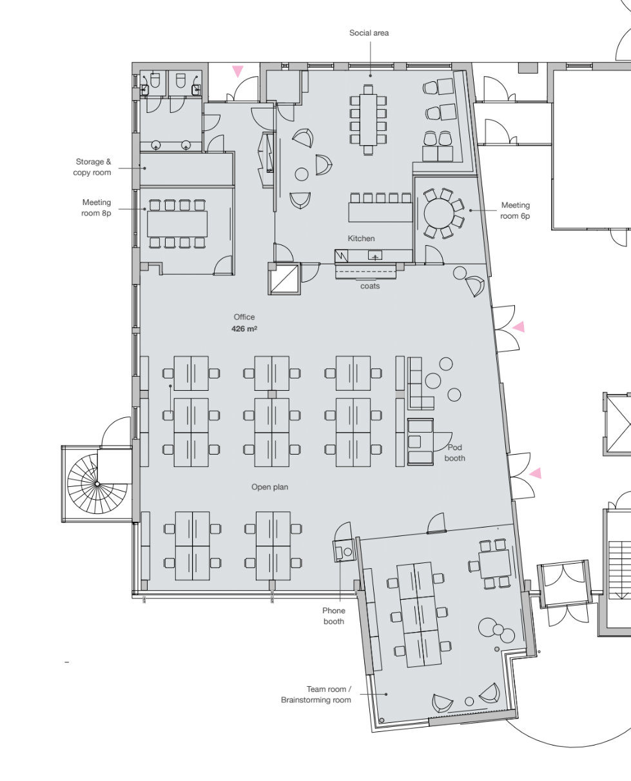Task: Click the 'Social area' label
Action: click(x=369, y=33)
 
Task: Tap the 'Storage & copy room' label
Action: click(x=92, y=167)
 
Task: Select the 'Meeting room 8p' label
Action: click(x=97, y=208)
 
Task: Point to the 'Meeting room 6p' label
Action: click(x=515, y=210)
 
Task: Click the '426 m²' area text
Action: click(x=244, y=328)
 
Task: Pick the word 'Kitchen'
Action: click(x=361, y=239)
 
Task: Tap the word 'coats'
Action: click(x=370, y=286)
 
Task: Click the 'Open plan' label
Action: click(x=269, y=487)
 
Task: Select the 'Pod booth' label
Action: click(x=455, y=453)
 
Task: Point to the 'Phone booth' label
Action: click(x=333, y=616)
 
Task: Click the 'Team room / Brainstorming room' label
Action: click(x=316, y=695)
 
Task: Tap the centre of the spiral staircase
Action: click(x=97, y=484)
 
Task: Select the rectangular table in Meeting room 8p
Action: click(x=177, y=224)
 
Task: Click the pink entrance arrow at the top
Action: click(x=237, y=71)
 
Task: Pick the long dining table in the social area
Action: click(x=368, y=120)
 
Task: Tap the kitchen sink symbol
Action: click(x=375, y=255)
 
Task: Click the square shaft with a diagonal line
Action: click(x=284, y=278)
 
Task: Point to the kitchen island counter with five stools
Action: click(x=380, y=212)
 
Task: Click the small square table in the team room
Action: click(x=494, y=564)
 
